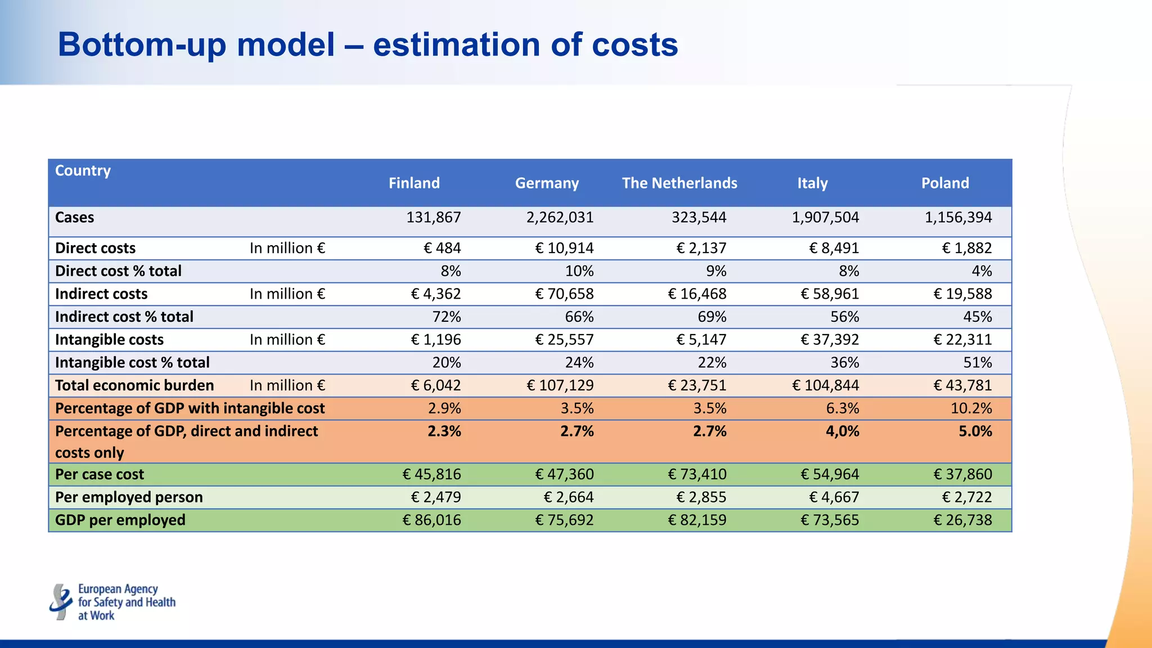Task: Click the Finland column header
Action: click(414, 183)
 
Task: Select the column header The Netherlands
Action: click(679, 183)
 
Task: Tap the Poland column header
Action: click(945, 183)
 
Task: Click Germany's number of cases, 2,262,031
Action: click(560, 218)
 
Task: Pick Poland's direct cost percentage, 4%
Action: click(982, 271)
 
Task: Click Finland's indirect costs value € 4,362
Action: click(436, 294)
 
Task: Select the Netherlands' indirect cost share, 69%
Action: click(712, 317)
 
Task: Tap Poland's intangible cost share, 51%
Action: click(978, 362)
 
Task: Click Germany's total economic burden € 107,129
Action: click(560, 385)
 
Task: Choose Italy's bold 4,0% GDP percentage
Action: click(842, 431)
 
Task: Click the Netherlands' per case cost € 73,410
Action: click(697, 474)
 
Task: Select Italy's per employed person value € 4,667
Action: click(834, 497)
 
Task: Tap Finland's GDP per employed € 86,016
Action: click(431, 520)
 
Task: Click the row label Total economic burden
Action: click(134, 385)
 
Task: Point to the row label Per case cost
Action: click(100, 474)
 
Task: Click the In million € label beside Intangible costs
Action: click(287, 340)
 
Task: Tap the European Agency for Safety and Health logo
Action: click(112, 602)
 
